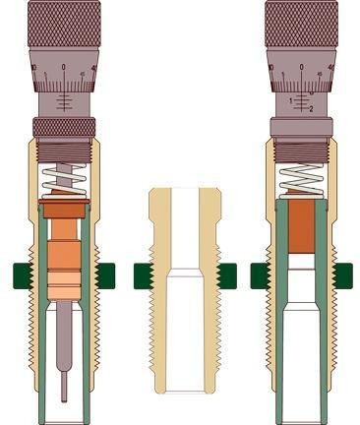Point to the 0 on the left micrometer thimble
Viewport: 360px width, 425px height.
tap(64, 67)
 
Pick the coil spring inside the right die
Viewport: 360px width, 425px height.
tap(302, 180)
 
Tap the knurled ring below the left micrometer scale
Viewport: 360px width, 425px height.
tap(64, 127)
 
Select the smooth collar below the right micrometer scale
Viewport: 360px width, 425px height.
tap(302, 127)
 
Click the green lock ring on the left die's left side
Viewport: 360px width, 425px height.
tap(23, 274)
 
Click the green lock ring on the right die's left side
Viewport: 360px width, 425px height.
tap(261, 275)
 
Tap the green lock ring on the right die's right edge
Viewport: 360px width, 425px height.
tap(343, 275)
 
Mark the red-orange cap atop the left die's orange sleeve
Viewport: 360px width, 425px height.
tap(64, 210)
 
